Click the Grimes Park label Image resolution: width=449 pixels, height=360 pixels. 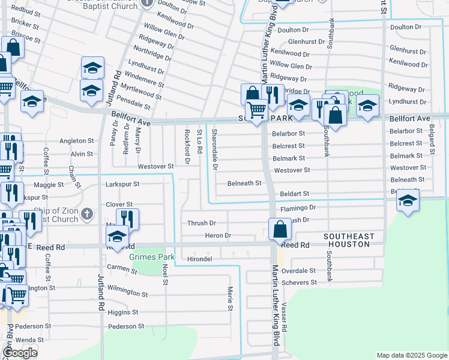click(x=150, y=257)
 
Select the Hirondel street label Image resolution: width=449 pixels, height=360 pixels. click(x=200, y=259)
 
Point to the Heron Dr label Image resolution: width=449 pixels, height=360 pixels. click(x=217, y=236)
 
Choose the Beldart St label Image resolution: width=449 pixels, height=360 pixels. click(x=294, y=194)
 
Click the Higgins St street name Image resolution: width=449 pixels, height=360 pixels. click(x=123, y=313)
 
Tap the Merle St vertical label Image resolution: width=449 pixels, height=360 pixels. click(x=230, y=298)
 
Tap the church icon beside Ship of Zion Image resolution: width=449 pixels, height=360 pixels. click(x=87, y=213)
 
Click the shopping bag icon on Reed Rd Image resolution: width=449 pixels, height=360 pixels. click(x=280, y=229)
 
